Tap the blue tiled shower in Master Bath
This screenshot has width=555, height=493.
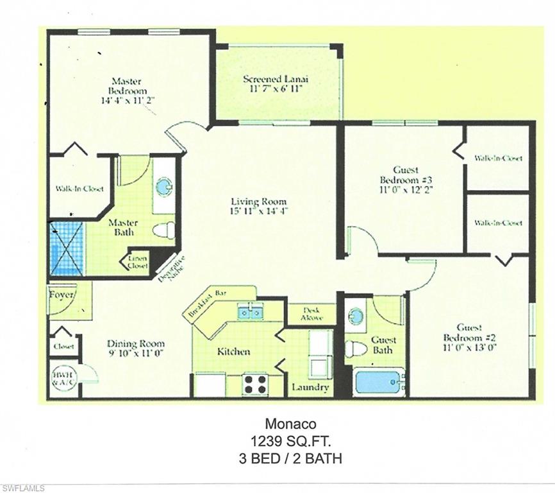[x=67, y=248]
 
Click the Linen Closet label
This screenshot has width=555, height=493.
[x=139, y=261]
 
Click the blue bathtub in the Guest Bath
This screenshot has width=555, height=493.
[x=379, y=381]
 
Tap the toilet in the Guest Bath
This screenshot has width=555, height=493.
[x=354, y=349]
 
